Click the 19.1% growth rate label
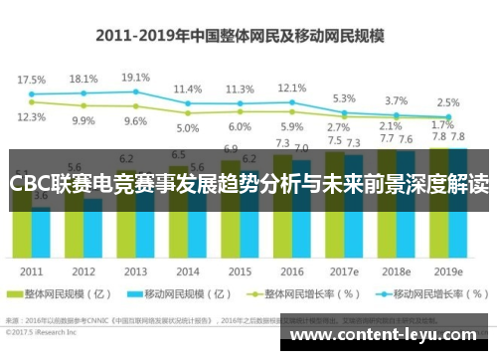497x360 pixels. (x=135, y=78)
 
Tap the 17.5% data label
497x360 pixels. (x=32, y=79)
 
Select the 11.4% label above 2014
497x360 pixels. (x=187, y=89)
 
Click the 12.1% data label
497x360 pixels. (x=291, y=88)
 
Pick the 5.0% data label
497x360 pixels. (x=187, y=127)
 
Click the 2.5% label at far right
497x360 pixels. (x=448, y=102)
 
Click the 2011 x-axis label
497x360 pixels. (x=31, y=271)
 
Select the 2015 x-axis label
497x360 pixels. (x=240, y=271)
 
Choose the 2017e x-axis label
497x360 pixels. (x=345, y=271)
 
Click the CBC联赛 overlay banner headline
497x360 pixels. (x=248, y=185)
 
